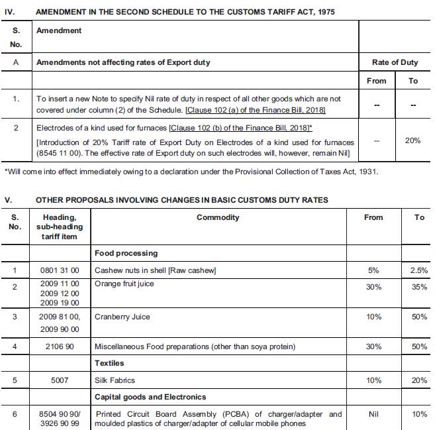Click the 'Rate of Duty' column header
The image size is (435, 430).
click(x=395, y=62)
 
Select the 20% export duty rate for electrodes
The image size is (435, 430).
click(x=412, y=140)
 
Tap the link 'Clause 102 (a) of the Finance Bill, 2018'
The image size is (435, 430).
click(x=256, y=109)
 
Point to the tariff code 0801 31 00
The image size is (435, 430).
click(x=61, y=270)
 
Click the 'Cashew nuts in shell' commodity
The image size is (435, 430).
click(x=156, y=270)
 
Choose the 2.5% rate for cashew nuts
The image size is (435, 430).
click(x=418, y=270)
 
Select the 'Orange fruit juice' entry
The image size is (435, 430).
click(x=124, y=284)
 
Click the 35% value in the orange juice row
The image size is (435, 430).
click(x=418, y=288)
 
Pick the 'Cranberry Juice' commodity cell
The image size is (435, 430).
click(x=122, y=317)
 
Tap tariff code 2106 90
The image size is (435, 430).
click(x=61, y=347)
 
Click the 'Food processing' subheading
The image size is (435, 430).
click(x=126, y=253)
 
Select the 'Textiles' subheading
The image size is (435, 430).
click(x=109, y=363)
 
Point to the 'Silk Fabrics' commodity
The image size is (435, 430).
click(x=115, y=380)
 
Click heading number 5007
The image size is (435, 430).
click(x=61, y=380)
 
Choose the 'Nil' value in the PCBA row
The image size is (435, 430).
click(x=373, y=414)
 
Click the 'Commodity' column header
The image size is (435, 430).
click(x=218, y=217)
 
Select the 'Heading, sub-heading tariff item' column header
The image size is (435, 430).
click(x=60, y=227)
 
